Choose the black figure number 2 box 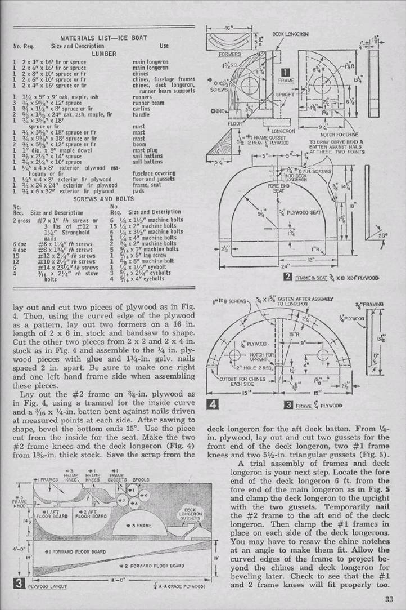(288, 277)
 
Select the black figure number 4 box (213, 404)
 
